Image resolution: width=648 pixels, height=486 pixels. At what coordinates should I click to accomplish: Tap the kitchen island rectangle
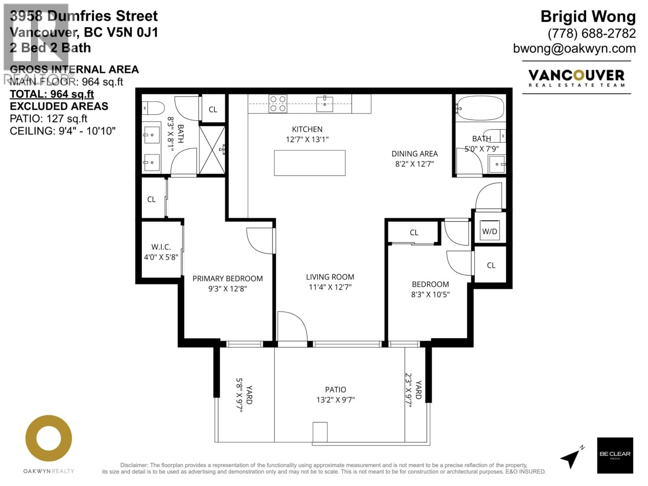click(310, 163)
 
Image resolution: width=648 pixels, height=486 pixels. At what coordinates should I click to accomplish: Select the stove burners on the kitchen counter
click(278, 104)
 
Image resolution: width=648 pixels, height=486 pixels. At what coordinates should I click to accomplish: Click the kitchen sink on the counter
click(325, 104)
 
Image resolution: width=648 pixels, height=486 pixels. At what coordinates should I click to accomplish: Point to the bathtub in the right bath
click(480, 108)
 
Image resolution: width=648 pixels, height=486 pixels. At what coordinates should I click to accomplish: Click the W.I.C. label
click(161, 247)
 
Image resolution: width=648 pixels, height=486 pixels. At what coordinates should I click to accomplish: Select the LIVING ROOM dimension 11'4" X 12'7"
click(330, 287)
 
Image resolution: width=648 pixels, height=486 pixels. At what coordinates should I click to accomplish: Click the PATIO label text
click(335, 390)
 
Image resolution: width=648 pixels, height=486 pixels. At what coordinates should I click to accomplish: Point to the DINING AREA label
click(414, 154)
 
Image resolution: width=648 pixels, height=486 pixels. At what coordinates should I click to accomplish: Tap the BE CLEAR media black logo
click(615, 455)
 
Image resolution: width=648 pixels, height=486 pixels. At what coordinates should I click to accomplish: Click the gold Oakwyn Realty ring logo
click(49, 439)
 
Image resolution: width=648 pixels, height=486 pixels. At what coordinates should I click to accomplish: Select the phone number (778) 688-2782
click(591, 33)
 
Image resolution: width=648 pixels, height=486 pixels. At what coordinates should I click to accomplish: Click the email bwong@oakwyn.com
click(574, 48)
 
